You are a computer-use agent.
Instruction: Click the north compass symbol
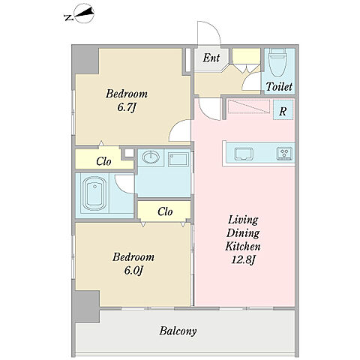(80, 14)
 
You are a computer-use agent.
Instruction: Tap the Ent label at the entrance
(211, 58)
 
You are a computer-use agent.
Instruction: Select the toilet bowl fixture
(277, 62)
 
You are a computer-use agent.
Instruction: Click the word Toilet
(279, 87)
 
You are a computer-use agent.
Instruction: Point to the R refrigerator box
(283, 109)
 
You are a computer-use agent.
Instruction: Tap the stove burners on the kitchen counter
(284, 154)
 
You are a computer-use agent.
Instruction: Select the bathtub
(94, 193)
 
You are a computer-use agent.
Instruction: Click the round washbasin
(151, 157)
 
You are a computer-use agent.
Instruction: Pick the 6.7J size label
(127, 107)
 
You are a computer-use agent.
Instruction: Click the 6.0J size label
(133, 271)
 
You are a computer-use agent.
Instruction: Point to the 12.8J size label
(243, 259)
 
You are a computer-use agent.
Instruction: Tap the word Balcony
(178, 331)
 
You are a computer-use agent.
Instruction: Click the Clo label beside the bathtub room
(103, 161)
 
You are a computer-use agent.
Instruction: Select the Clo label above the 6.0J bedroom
(165, 211)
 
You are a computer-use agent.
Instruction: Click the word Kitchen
(243, 246)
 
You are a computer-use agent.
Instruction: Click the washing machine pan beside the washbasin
(178, 159)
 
